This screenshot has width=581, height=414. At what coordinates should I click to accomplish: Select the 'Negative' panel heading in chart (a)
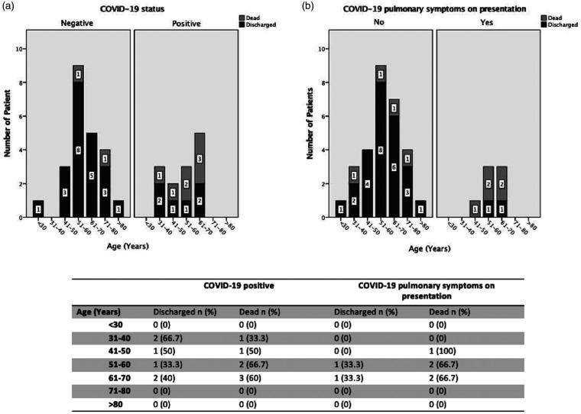(77, 24)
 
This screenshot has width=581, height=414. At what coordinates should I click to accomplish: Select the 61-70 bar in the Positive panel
(199, 175)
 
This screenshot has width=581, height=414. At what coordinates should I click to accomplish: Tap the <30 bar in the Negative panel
(38, 209)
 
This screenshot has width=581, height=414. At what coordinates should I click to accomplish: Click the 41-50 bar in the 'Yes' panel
(474, 209)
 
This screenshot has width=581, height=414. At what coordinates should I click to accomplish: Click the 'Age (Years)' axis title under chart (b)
(427, 248)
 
